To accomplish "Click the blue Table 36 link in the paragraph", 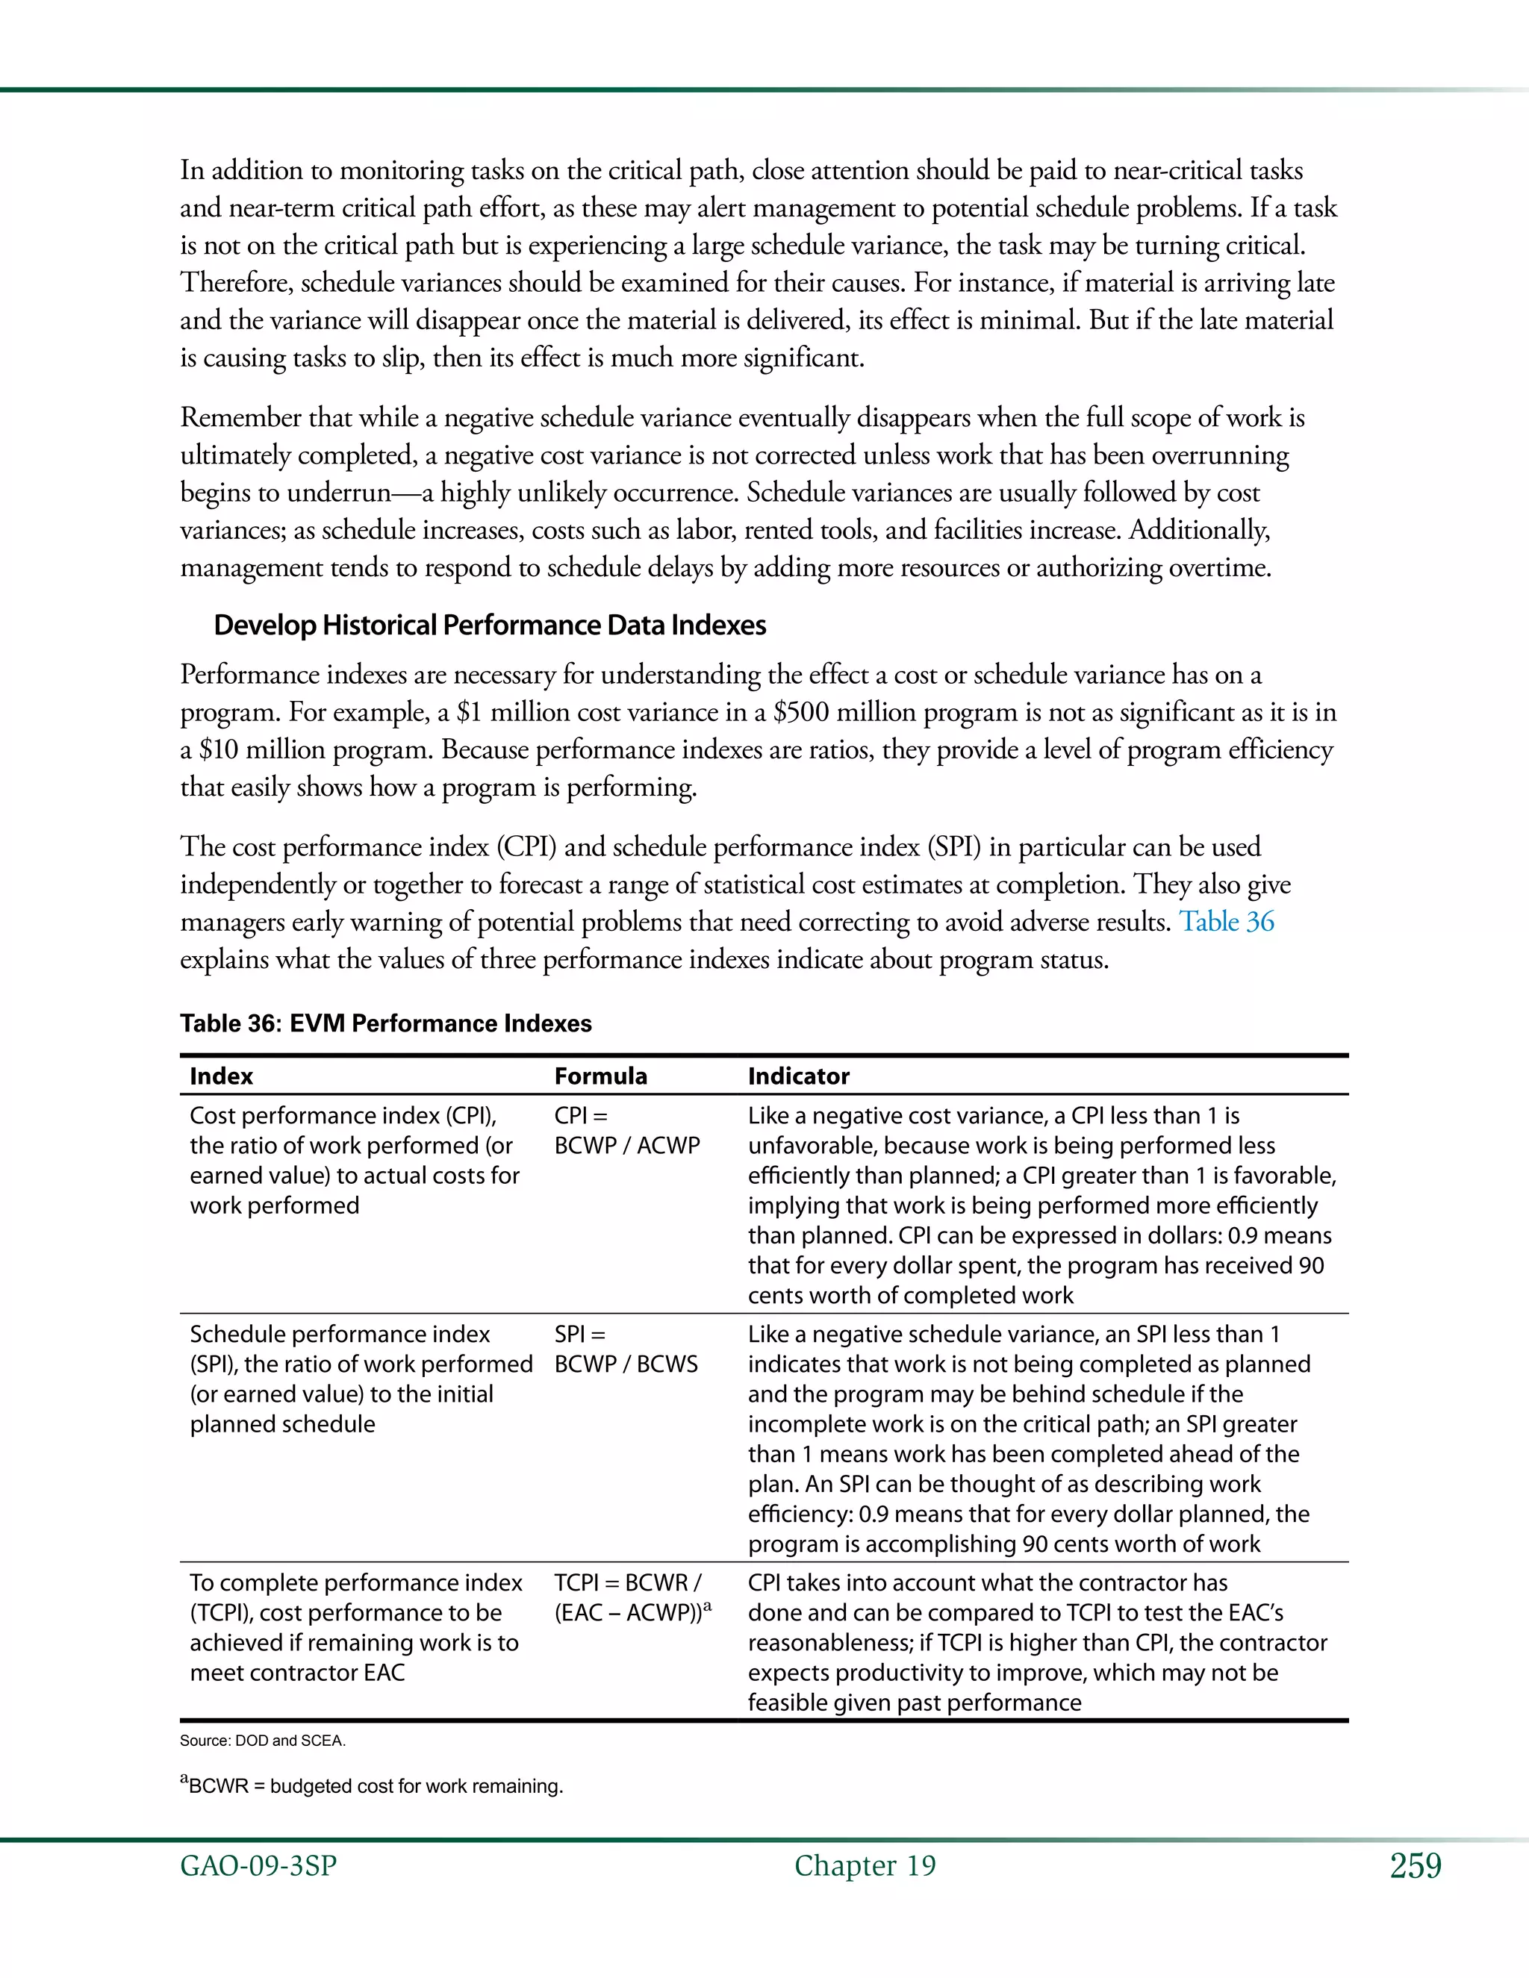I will pyautogui.click(x=1226, y=922).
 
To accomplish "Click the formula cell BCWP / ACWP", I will pyautogui.click(x=627, y=1146).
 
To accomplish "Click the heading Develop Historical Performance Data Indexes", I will pyautogui.click(x=489, y=625).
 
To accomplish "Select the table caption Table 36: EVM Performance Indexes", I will pyautogui.click(x=385, y=1023).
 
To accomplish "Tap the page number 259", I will pyautogui.click(x=1415, y=1866).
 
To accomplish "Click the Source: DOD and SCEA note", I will pyautogui.click(x=263, y=1741).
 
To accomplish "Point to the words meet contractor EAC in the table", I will pyautogui.click(x=297, y=1672).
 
